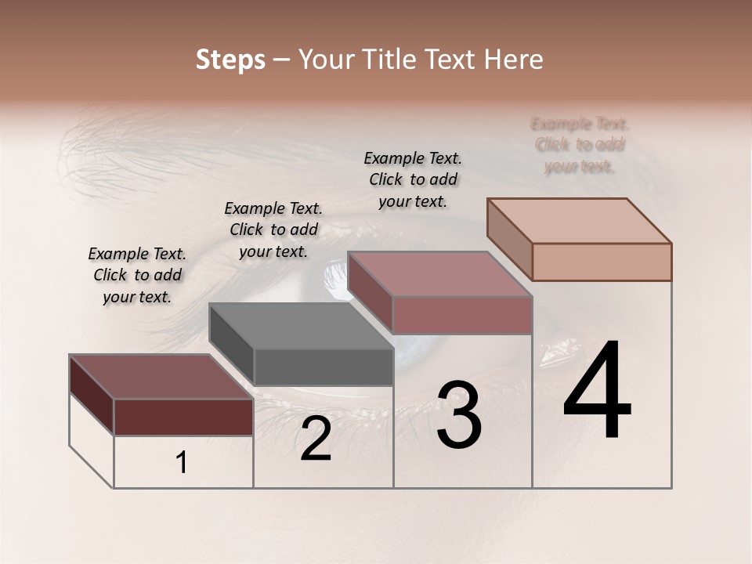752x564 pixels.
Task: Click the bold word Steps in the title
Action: [230, 60]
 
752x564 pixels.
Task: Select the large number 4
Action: [597, 392]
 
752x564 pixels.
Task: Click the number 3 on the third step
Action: [459, 416]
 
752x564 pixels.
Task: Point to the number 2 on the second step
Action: [316, 439]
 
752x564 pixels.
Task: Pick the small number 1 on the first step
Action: [182, 463]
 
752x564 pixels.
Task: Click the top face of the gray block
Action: [301, 326]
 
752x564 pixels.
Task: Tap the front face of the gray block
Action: [324, 367]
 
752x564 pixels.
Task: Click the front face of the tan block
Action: [602, 262]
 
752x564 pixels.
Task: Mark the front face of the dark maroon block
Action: [183, 417]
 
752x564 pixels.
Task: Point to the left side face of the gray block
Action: [231, 344]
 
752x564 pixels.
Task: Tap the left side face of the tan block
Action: [509, 239]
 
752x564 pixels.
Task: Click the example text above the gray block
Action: [273, 230]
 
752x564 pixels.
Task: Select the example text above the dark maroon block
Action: [137, 275]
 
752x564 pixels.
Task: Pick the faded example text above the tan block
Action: [580, 145]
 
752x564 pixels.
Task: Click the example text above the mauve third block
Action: [413, 179]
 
